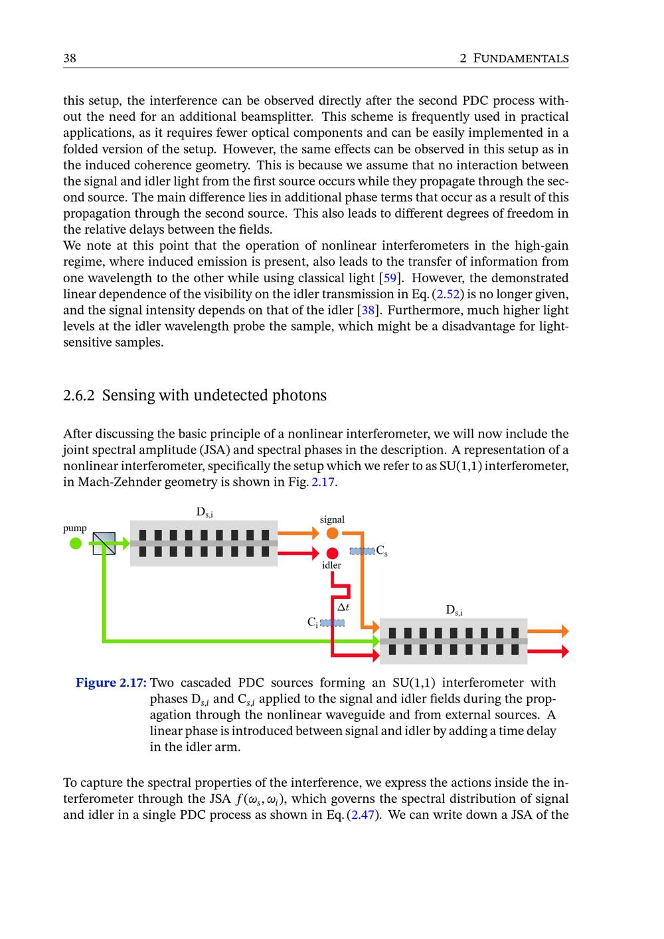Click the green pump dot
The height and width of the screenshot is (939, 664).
pyautogui.click(x=76, y=543)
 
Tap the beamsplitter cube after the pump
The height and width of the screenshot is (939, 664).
pyautogui.click(x=104, y=543)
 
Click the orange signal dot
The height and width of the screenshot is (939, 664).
pyautogui.click(x=333, y=533)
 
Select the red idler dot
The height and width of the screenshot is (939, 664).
pyautogui.click(x=333, y=553)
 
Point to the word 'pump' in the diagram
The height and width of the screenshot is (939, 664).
pyautogui.click(x=74, y=528)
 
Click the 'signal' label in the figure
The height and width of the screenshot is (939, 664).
pyautogui.click(x=332, y=519)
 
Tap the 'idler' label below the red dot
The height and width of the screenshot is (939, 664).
pyautogui.click(x=331, y=565)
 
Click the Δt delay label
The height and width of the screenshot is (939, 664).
pyautogui.click(x=343, y=607)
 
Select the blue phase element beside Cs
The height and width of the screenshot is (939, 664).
pyautogui.click(x=362, y=551)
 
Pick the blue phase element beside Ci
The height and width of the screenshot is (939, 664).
pyautogui.click(x=332, y=623)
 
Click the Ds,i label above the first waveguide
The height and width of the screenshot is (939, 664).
pyautogui.click(x=204, y=512)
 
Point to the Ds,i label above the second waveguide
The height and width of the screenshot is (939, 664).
pyautogui.click(x=454, y=610)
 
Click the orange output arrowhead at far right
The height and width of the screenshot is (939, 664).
pyautogui.click(x=564, y=631)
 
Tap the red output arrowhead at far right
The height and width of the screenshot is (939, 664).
pyautogui.click(x=564, y=651)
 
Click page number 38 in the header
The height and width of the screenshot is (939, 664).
pyautogui.click(x=70, y=58)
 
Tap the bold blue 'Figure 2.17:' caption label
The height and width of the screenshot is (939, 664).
pyautogui.click(x=111, y=683)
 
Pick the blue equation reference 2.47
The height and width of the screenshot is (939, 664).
pyautogui.click(x=363, y=814)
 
